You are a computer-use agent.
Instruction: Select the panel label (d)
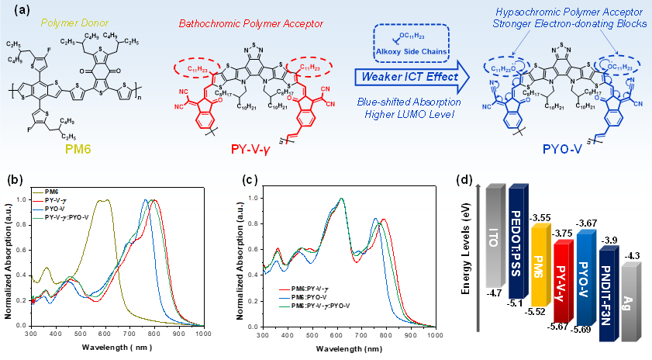click(x=464, y=180)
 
